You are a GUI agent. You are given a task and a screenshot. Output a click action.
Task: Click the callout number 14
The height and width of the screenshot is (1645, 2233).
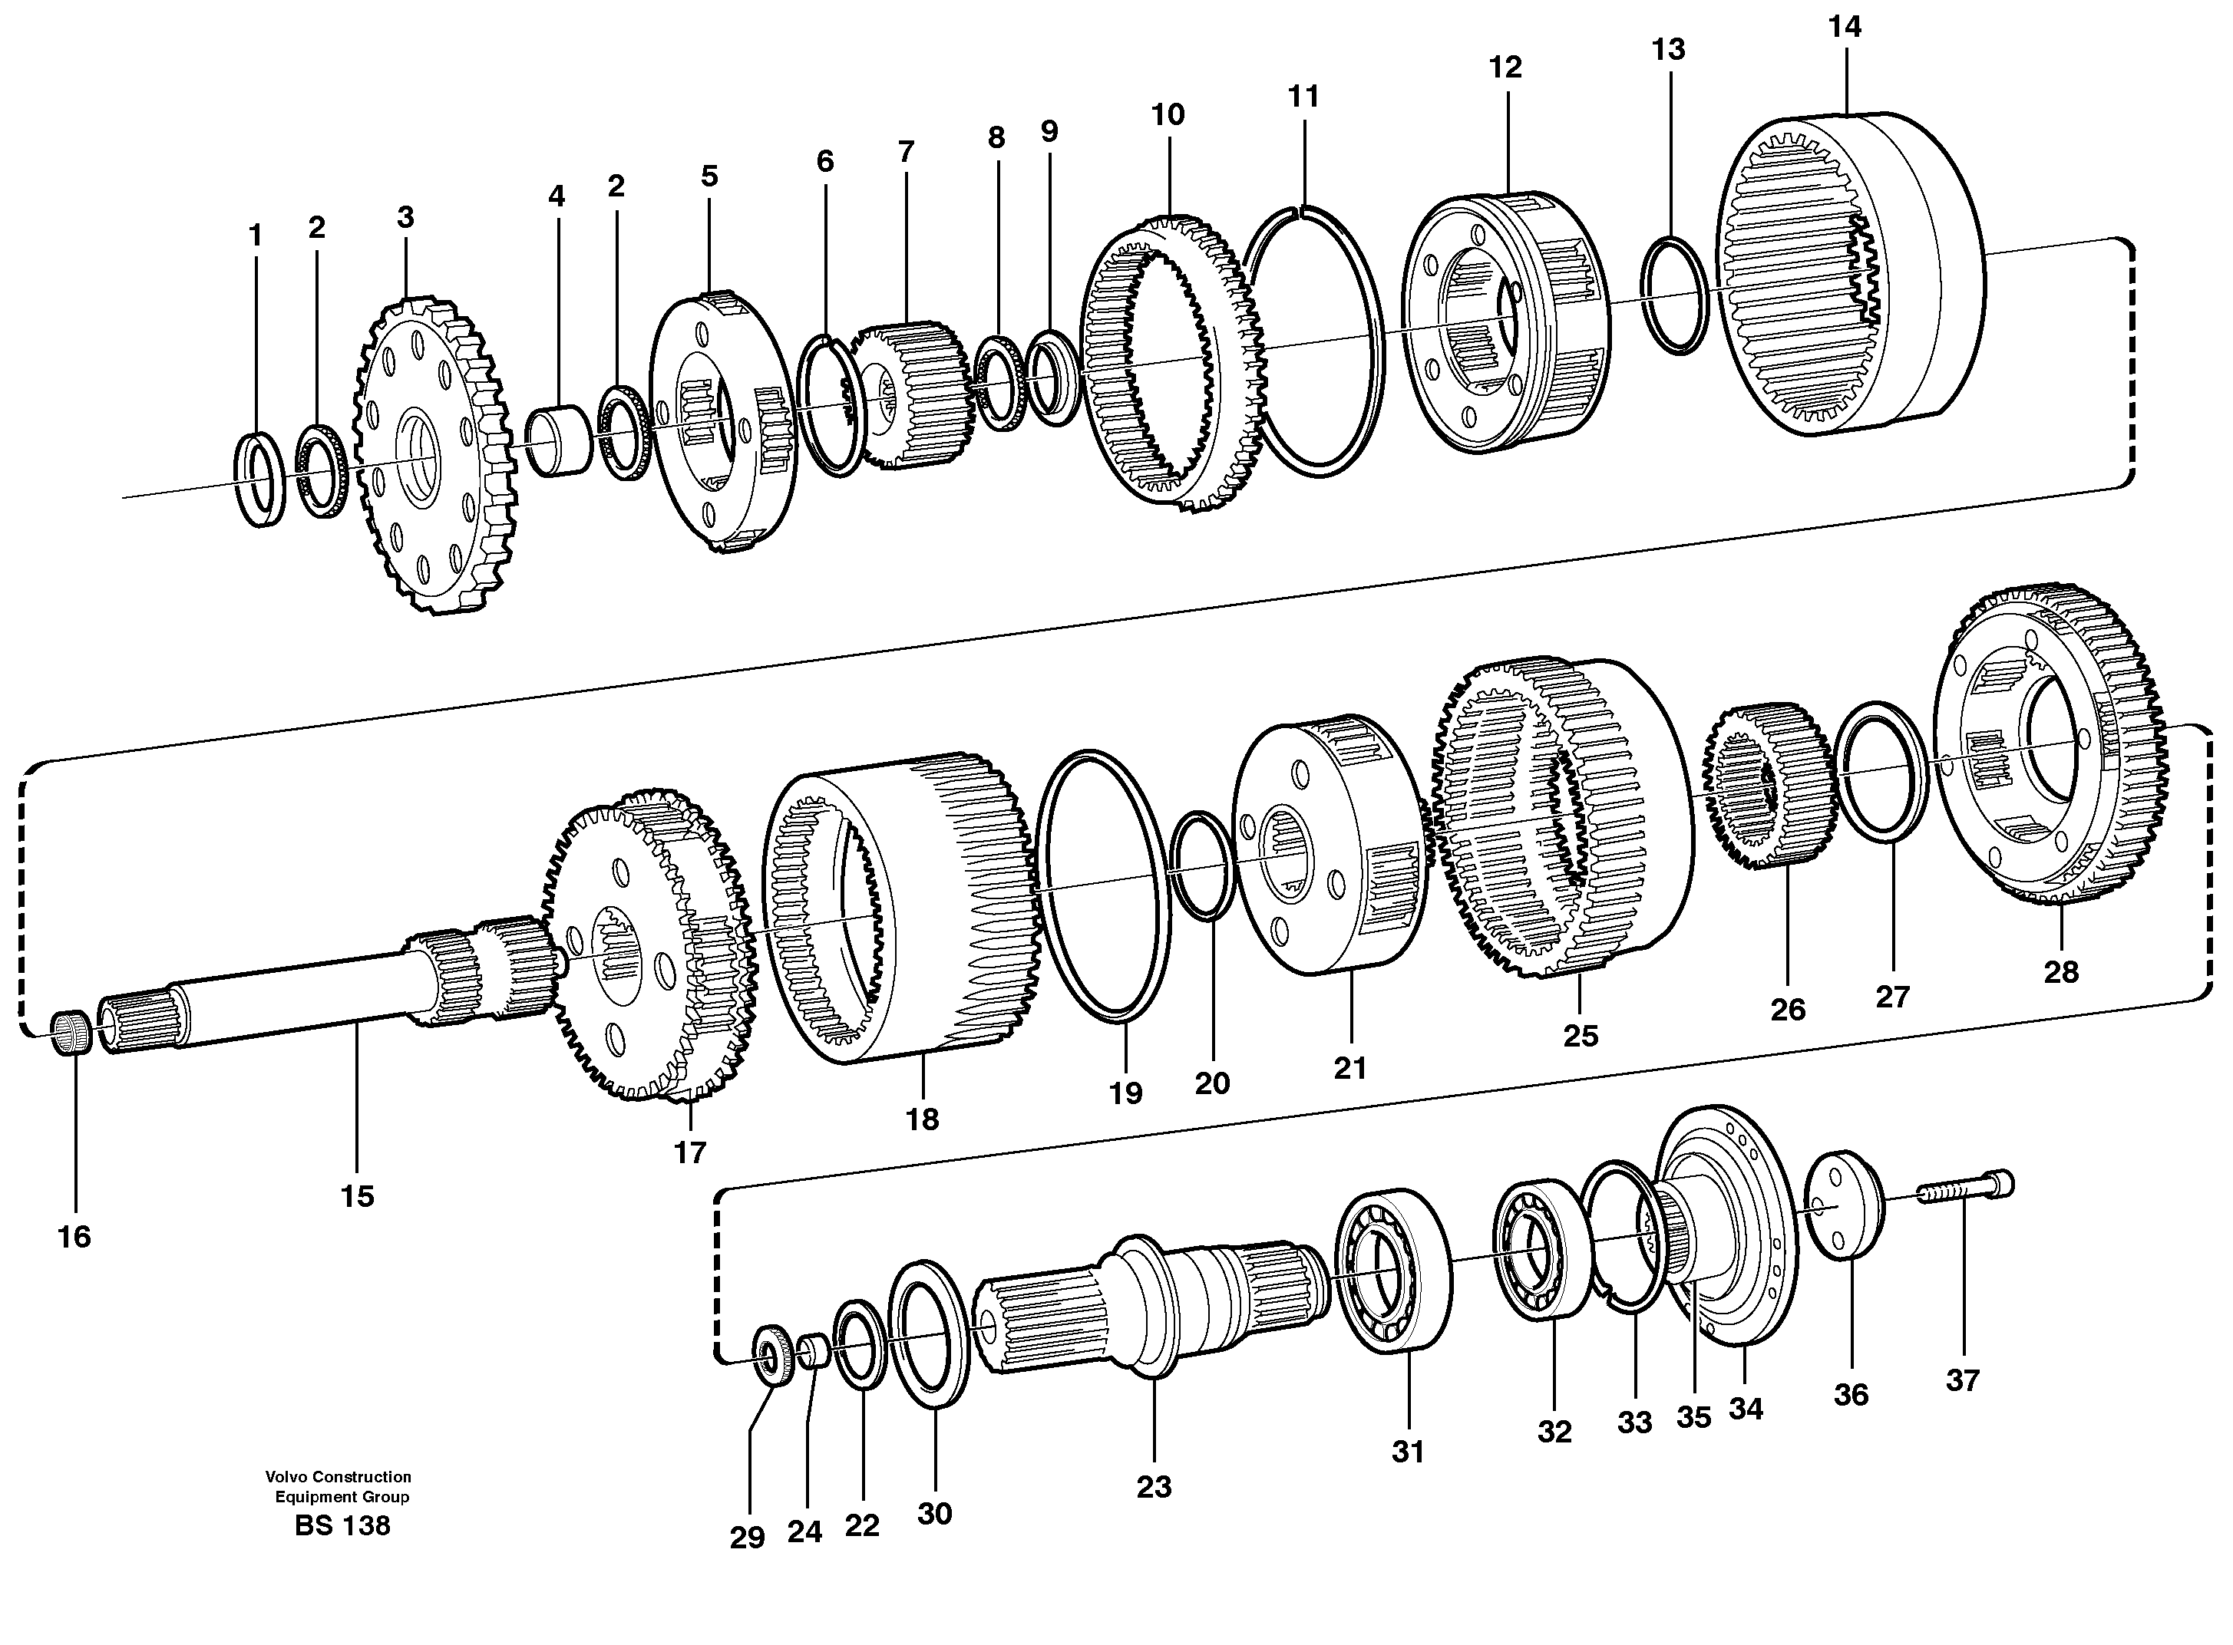[x=1844, y=28]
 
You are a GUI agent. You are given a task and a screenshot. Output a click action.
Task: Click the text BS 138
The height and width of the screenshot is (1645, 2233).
[x=342, y=1525]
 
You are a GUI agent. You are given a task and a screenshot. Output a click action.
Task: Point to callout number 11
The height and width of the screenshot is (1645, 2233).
[x=1303, y=97]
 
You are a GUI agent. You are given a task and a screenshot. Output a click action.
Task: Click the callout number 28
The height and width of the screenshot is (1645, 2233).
[x=2061, y=972]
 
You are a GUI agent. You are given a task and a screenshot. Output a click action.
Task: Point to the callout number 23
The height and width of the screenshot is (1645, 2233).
[x=1154, y=1487]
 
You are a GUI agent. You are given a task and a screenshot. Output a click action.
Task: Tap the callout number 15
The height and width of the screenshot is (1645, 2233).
[x=357, y=1196]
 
